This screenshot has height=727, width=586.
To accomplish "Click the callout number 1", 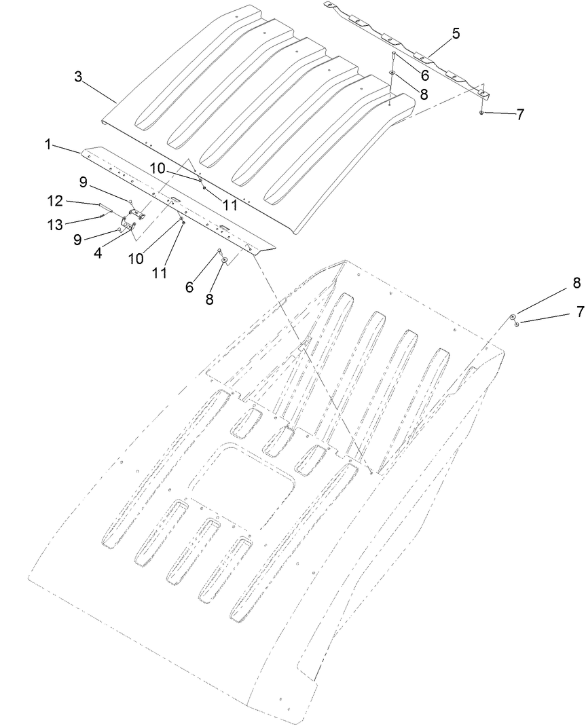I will tap(48, 144).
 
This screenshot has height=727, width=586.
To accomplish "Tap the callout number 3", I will tap(78, 77).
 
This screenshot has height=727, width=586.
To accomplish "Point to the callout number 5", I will tap(456, 33).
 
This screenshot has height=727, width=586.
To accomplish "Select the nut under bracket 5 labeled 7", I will tap(481, 112).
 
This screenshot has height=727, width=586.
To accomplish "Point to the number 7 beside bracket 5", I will tap(520, 115).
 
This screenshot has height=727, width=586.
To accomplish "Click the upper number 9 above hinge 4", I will tap(83, 182).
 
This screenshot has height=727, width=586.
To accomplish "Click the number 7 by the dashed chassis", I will tap(579, 312).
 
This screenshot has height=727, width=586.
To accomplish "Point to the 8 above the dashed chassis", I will tap(576, 283).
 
